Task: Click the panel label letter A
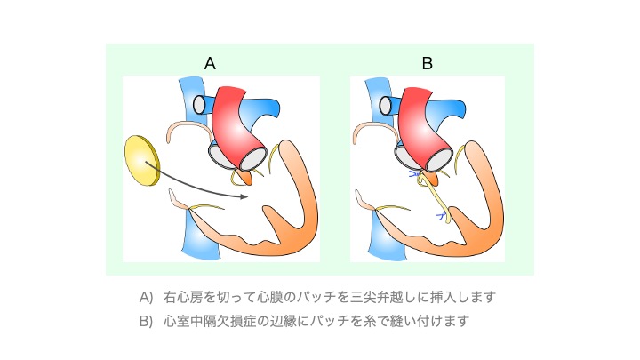coord(210,63)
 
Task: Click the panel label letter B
coord(428,63)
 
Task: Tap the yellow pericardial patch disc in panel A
coord(141,160)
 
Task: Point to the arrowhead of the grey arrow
coord(244,196)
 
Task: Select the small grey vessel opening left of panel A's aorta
coord(200,105)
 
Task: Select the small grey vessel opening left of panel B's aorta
coord(386,105)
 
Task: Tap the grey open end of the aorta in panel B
coord(440,159)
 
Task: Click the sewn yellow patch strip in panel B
coord(436,196)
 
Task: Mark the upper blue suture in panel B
coord(414,174)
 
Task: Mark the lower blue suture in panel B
coord(440,216)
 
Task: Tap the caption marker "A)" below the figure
coord(146,297)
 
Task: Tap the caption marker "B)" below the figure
coord(146,322)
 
